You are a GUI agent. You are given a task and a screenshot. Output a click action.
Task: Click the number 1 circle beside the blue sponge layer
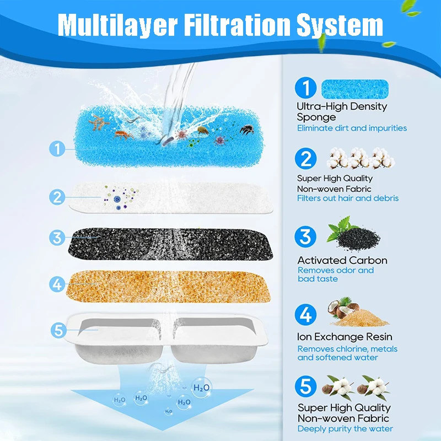click(57, 148)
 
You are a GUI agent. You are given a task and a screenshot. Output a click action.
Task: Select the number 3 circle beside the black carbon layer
click(57, 238)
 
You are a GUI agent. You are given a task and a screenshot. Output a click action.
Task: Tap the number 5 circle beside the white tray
click(59, 330)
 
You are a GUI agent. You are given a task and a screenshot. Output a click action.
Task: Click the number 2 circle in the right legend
click(306, 159)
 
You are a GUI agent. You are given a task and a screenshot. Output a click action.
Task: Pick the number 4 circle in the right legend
click(306, 314)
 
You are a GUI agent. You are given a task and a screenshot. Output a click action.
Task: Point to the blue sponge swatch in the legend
click(355, 89)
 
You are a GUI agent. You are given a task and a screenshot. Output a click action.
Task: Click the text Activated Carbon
click(342, 260)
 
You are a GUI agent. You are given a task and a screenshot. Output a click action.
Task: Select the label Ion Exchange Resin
click(345, 337)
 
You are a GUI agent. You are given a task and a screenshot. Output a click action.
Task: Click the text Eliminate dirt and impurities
click(352, 128)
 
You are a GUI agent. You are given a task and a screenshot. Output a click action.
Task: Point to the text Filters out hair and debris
click(348, 198)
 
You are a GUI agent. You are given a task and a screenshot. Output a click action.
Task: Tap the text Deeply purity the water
click(345, 429)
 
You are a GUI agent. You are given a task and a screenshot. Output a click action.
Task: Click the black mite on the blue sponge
click(247, 130)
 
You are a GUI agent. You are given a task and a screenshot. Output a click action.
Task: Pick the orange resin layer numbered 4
click(168, 286)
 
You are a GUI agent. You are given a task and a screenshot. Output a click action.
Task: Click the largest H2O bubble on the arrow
click(201, 388)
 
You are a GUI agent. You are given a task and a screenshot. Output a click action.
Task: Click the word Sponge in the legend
click(316, 117)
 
